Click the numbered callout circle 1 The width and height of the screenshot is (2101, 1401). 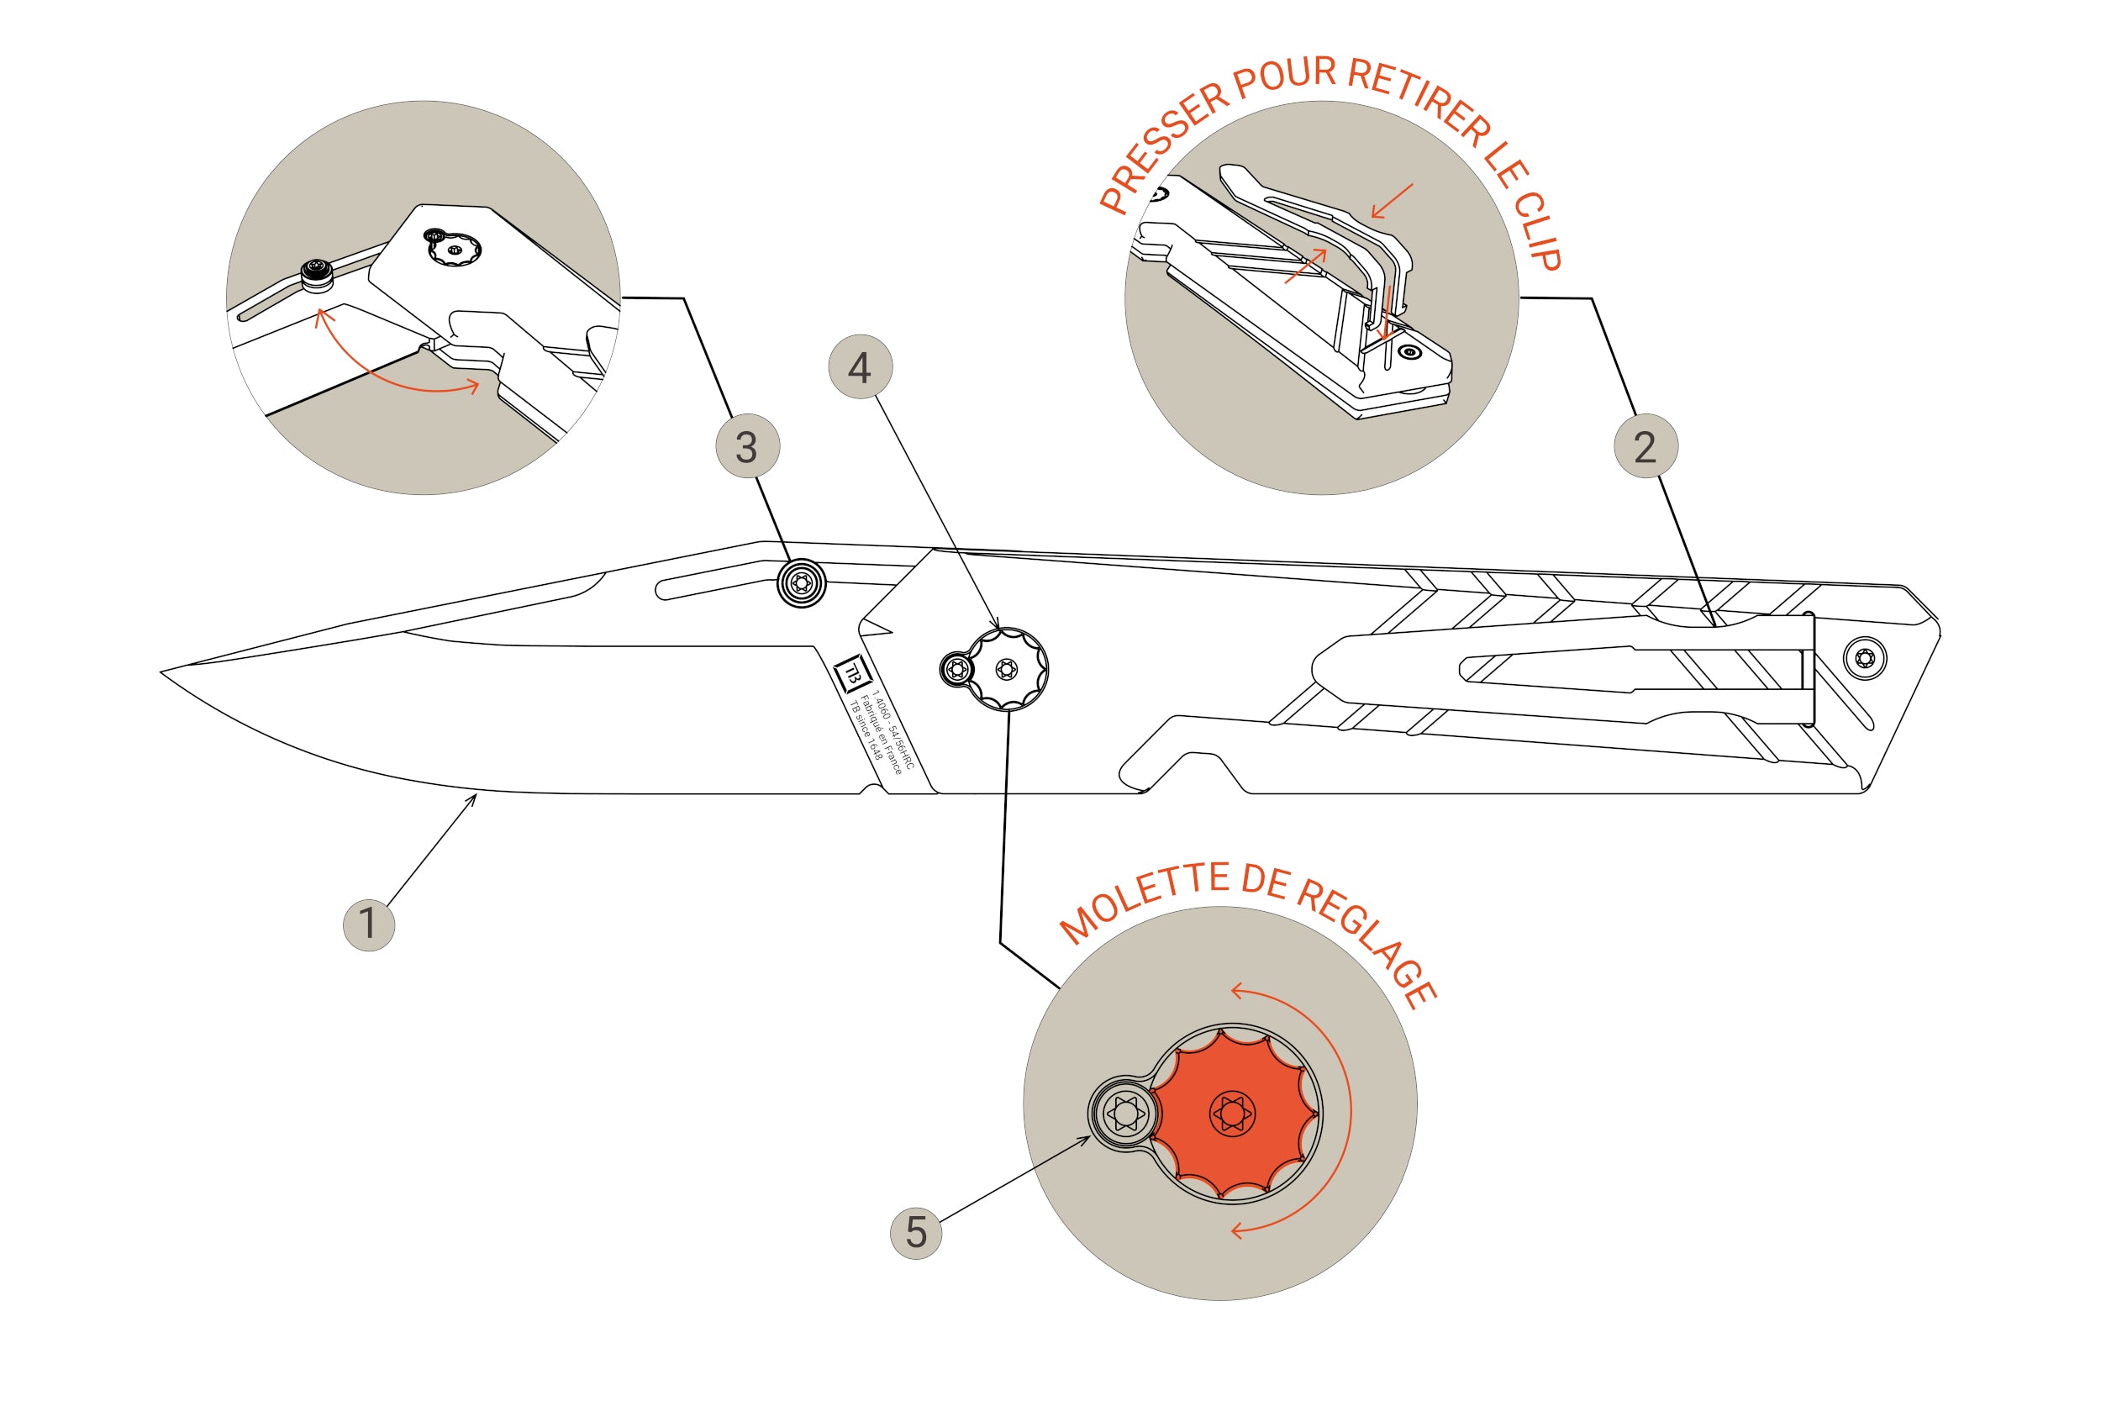pyautogui.click(x=368, y=924)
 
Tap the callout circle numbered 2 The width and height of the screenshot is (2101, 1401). pyautogui.click(x=1646, y=446)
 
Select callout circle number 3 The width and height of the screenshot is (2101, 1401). pyautogui.click(x=748, y=446)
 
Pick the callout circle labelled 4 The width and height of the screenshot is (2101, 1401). pyautogui.click(x=861, y=366)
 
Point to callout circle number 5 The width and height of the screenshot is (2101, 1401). pyautogui.click(x=915, y=1233)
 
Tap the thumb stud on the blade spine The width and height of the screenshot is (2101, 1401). pyautogui.click(x=801, y=583)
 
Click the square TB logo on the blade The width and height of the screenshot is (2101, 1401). pyautogui.click(x=851, y=673)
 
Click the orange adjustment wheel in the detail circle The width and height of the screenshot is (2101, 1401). pyautogui.click(x=1233, y=1114)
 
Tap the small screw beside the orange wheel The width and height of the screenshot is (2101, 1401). pyautogui.click(x=1124, y=1114)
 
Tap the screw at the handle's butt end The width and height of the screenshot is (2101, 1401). pyautogui.click(x=1865, y=659)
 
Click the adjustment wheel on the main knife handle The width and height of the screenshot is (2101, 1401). pyautogui.click(x=1007, y=668)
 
